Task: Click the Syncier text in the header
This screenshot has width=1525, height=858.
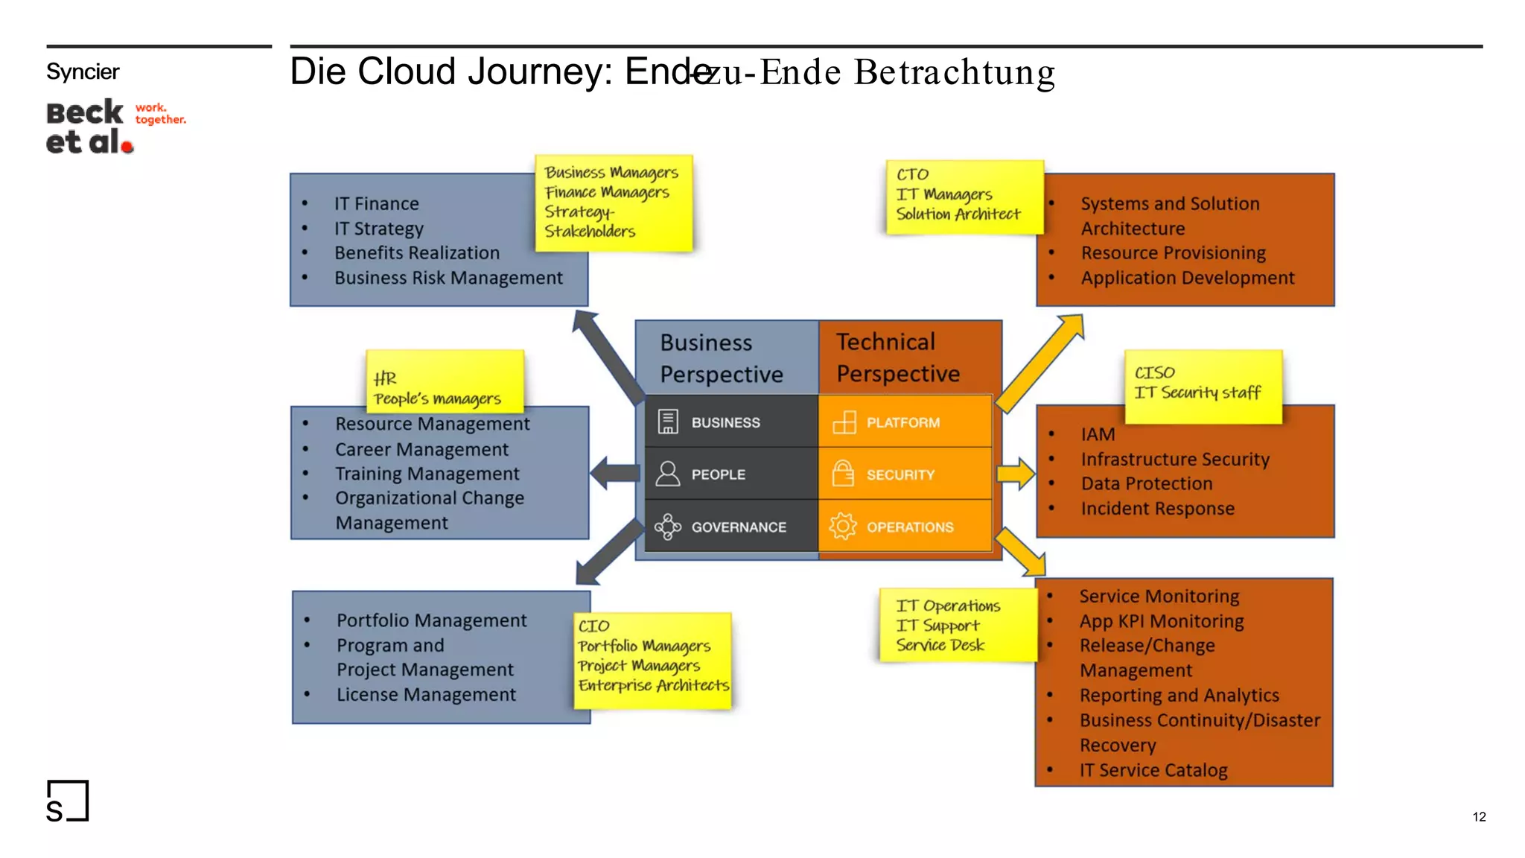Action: [83, 72]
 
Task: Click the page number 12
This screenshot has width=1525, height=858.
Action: [1479, 817]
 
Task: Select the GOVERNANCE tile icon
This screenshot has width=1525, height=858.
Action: [667, 527]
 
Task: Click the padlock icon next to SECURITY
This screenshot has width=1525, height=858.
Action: [843, 474]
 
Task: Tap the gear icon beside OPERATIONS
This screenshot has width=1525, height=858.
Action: [843, 527]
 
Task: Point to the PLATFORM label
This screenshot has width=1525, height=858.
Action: [902, 423]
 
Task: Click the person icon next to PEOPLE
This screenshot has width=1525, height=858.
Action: [668, 474]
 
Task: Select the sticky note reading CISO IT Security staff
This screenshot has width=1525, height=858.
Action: [1203, 386]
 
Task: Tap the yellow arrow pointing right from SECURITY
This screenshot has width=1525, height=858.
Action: [1016, 474]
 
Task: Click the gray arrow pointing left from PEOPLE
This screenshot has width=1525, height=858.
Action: [615, 474]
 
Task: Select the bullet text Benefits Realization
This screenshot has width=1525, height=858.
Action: [417, 253]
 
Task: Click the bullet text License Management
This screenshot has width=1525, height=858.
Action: [426, 695]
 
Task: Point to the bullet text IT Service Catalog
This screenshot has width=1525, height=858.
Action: [1153, 770]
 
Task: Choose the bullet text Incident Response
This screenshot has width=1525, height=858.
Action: [1157, 509]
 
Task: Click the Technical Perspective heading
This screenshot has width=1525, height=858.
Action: [897, 357]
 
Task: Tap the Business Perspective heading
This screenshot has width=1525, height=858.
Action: [721, 358]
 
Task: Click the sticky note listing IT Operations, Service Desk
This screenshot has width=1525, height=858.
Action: [956, 625]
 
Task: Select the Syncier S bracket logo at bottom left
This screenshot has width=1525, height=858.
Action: [67, 801]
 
